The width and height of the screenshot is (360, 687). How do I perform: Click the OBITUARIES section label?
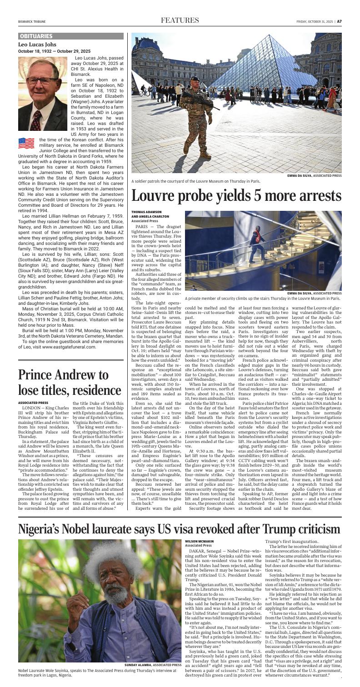point(36,35)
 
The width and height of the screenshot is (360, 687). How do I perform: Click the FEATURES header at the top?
point(180,20)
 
